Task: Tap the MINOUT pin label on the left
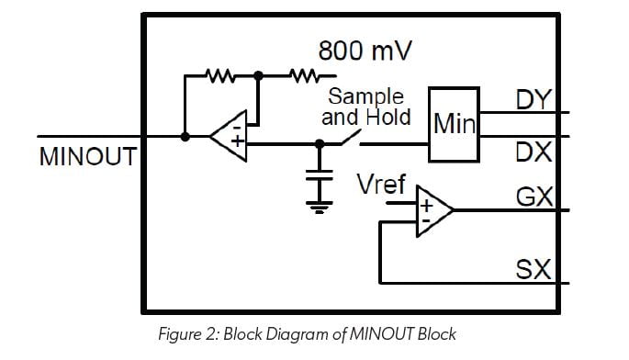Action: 87,157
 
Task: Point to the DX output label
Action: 534,152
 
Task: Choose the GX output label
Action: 534,197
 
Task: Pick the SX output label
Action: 534,269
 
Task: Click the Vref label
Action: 381,185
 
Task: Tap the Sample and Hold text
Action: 366,107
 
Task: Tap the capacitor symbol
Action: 320,175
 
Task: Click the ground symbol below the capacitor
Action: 320,204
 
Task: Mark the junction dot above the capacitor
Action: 320,144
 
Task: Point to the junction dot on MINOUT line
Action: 185,137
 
